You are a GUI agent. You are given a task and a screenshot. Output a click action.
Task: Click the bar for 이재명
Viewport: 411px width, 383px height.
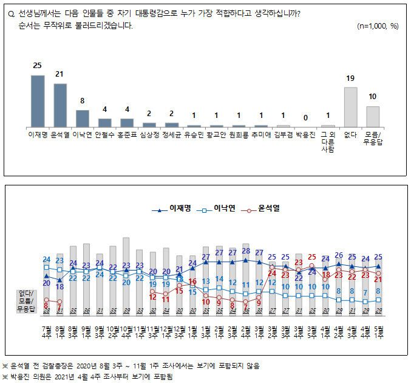click(38, 100)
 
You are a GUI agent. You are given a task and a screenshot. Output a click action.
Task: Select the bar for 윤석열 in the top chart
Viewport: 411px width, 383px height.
click(60, 105)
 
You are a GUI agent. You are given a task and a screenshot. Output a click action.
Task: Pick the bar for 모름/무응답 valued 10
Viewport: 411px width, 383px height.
click(373, 116)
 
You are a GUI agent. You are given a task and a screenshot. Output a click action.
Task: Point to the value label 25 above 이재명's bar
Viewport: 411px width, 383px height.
click(38, 66)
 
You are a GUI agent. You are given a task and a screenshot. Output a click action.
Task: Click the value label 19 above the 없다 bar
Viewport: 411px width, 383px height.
click(350, 78)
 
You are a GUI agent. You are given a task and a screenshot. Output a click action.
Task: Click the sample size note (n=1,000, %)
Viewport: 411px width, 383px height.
click(378, 26)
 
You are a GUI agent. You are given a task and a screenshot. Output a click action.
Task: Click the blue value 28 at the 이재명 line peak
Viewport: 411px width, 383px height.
click(246, 250)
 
